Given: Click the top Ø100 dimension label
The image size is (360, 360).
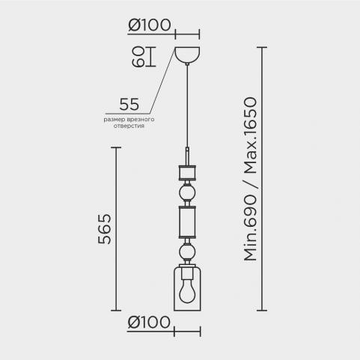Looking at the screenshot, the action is [150, 25].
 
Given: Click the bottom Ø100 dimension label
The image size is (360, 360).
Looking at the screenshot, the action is [149, 322].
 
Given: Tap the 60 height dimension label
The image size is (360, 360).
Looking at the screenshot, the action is [138, 57].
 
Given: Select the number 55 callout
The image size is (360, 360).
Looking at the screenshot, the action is [129, 104].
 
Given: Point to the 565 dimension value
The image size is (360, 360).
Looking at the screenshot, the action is [104, 229].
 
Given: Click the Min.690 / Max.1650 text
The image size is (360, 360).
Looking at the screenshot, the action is [250, 179].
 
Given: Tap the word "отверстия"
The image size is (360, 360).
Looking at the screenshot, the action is [129, 126].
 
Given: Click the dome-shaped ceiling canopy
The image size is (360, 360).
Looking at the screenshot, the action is [187, 55].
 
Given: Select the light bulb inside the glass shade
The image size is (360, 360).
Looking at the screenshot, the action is [187, 293].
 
